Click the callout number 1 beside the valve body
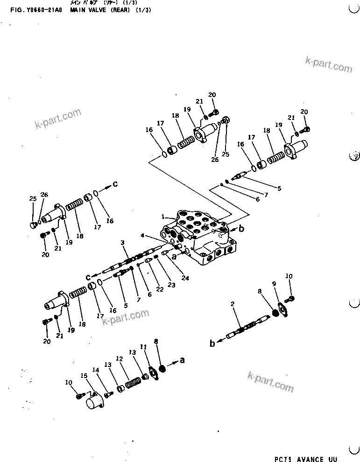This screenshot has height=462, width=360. point(163,217)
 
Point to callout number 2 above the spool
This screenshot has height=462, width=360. point(232,304)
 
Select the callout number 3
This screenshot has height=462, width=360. point(122,242)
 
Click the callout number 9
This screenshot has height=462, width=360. point(274,284)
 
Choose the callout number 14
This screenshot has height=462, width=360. point(96,371)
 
